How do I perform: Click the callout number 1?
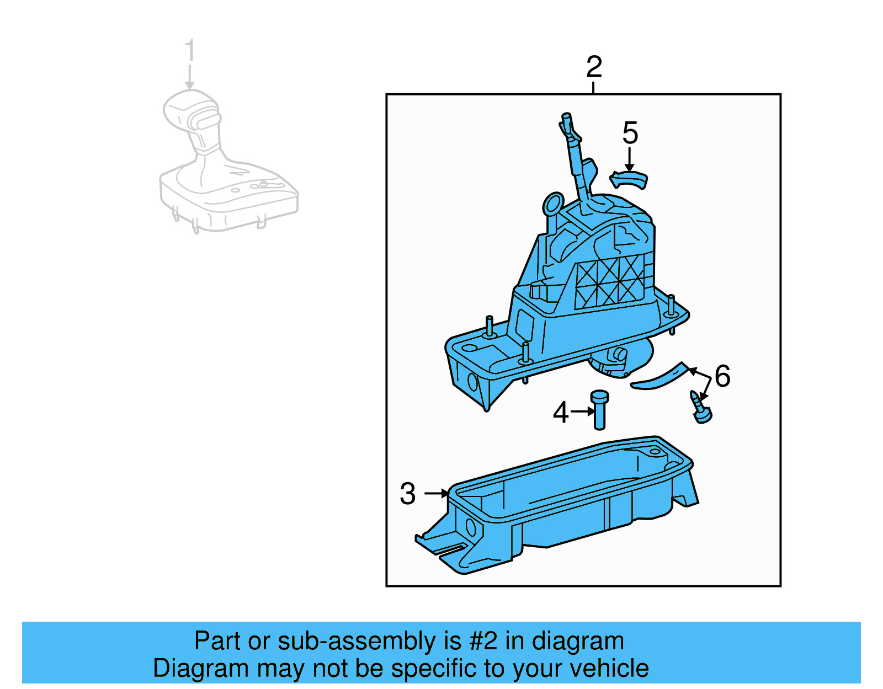click(190, 50)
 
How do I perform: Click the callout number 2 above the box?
click(594, 67)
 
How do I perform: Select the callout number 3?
click(408, 494)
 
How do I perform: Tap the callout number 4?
click(561, 413)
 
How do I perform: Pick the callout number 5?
click(630, 133)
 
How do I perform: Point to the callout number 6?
click(722, 376)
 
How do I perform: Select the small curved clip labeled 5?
click(628, 179)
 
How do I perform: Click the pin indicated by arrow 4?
click(599, 410)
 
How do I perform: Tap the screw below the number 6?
click(700, 407)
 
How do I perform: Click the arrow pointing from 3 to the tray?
click(437, 494)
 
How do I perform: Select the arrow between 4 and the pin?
click(583, 412)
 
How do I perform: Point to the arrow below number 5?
click(629, 159)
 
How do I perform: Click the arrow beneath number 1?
click(189, 77)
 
